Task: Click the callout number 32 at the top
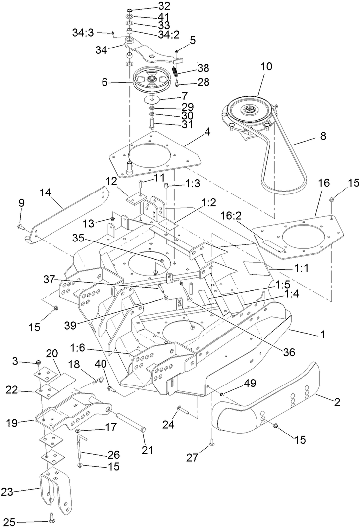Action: [151, 6]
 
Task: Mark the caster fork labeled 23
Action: [54, 495]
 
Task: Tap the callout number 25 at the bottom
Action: [9, 521]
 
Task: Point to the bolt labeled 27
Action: [211, 443]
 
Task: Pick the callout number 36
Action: [289, 352]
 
